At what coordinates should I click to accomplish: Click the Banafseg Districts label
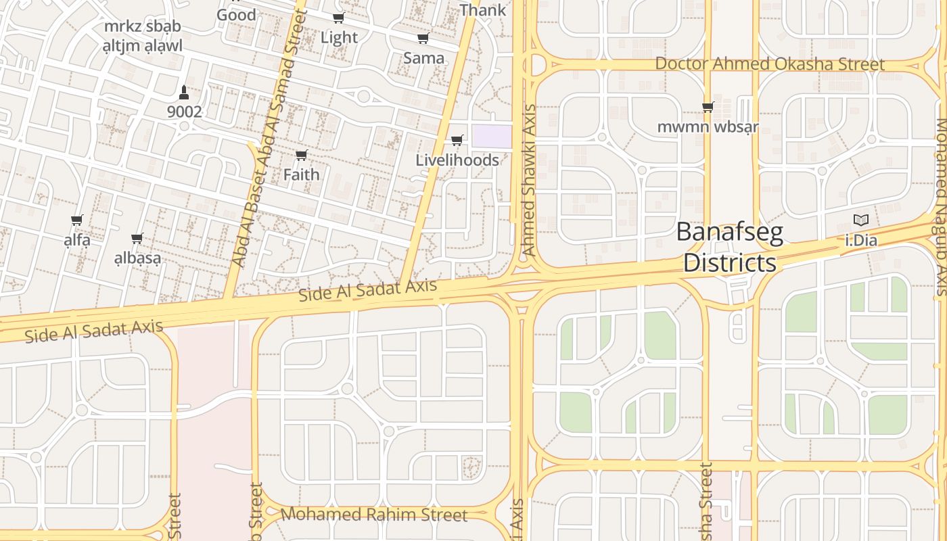coord(730,248)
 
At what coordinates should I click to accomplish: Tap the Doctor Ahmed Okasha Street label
coord(770,64)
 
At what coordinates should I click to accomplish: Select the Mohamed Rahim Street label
coord(373,515)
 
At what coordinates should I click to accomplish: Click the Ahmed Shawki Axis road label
coord(529,180)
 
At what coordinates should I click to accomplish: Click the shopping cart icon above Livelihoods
coord(457,141)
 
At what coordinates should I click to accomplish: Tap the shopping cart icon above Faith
coord(302,156)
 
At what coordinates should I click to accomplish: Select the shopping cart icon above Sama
coord(423,39)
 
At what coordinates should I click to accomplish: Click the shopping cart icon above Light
coord(339,18)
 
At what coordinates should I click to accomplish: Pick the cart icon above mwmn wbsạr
coord(708,107)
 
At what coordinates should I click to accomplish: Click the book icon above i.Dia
coord(861,220)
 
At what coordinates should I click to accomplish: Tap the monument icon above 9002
coord(184,91)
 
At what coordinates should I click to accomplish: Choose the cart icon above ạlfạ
coord(77,220)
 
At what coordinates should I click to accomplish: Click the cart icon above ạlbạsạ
coord(137,238)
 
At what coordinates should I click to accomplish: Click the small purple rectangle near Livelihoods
coord(492,136)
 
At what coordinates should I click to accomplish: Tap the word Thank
coord(482,10)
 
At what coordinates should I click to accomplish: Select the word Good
coord(236,14)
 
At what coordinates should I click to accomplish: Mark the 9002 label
coord(185,112)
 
